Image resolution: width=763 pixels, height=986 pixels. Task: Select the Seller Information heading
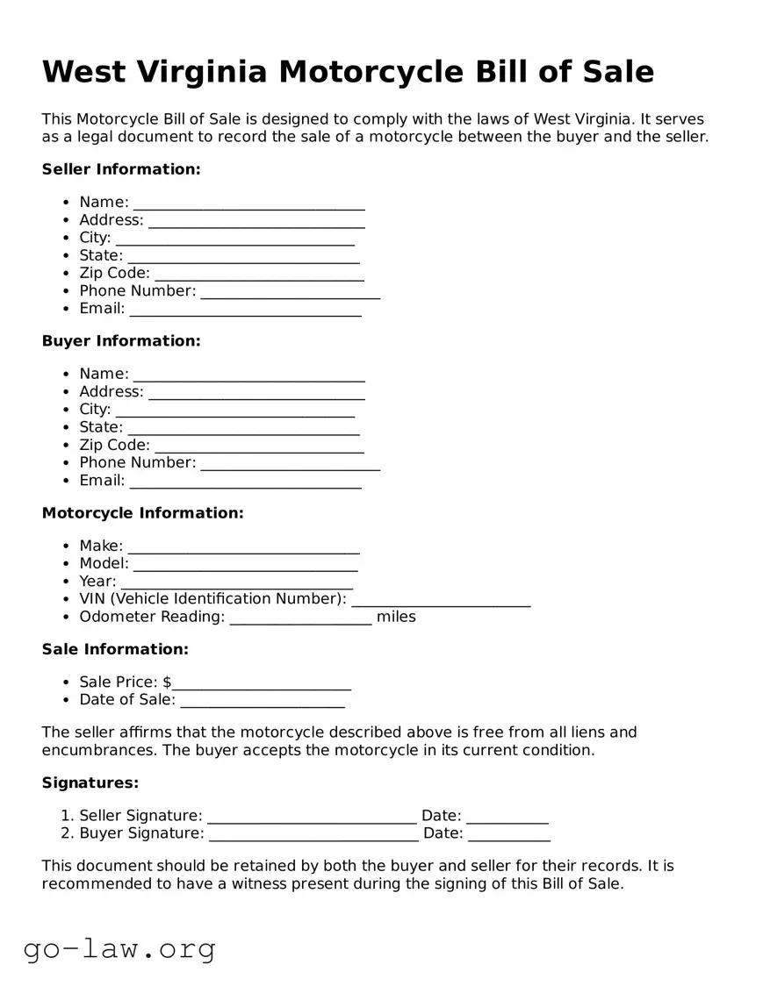[x=121, y=169]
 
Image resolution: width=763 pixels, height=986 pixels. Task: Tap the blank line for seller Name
[x=248, y=204]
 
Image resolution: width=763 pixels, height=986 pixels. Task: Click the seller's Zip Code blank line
[x=259, y=275]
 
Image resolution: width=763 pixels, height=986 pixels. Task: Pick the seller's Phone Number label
[x=138, y=290]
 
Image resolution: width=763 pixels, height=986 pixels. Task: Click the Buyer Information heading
[x=121, y=341]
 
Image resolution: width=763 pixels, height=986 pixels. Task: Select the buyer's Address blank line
[x=256, y=393]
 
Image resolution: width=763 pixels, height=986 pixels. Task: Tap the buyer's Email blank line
[x=245, y=482]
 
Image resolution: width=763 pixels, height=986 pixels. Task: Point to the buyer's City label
[x=95, y=410]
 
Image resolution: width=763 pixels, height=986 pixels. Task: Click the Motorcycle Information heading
[x=143, y=513]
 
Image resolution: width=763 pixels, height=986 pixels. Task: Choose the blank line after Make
[x=243, y=547]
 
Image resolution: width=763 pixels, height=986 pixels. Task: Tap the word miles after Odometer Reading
[x=396, y=617]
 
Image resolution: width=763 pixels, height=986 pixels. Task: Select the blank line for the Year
[x=237, y=582]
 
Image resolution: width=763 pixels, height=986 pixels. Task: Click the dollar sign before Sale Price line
[x=167, y=682]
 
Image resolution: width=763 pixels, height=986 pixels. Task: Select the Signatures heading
[x=90, y=782]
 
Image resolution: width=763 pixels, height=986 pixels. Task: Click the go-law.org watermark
[x=119, y=948]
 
